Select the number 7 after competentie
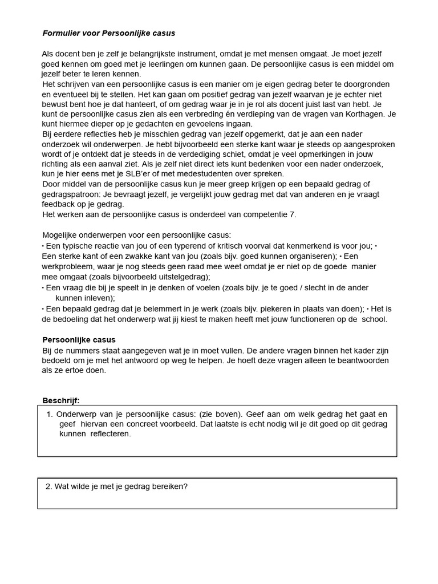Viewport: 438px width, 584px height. [x=294, y=214]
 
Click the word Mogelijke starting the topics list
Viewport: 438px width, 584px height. [x=60, y=235]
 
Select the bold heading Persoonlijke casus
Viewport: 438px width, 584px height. [x=79, y=340]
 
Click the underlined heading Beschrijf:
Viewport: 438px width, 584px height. [x=61, y=400]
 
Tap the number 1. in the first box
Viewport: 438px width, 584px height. [x=50, y=414]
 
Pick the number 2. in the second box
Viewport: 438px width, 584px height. [x=48, y=486]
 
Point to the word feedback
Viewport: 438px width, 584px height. [x=60, y=204]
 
